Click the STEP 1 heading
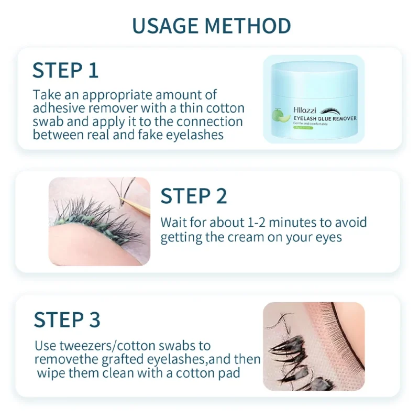(65, 70)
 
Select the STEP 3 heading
(67, 319)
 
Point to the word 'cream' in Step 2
(244, 237)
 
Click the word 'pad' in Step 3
(230, 373)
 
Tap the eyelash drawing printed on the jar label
(333, 111)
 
